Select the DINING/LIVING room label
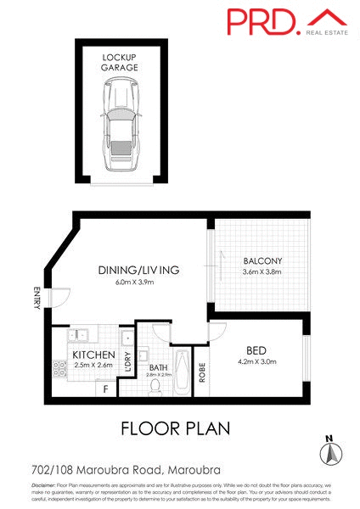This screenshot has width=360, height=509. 138,270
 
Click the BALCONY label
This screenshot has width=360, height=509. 262,260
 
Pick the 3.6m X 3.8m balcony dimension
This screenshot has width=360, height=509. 262,271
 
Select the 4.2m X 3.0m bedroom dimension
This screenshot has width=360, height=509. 257,362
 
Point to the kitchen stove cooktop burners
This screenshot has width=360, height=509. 60,368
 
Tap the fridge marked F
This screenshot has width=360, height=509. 104,389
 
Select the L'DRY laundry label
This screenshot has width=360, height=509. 127,362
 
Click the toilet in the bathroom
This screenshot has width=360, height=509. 155,387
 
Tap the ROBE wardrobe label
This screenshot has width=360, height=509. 202,373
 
